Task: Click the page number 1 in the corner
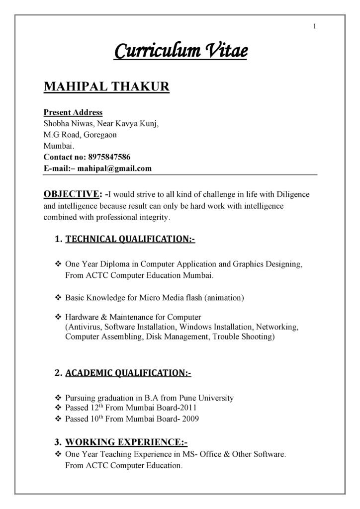click(315, 26)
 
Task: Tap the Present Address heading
click(73, 112)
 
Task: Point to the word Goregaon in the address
click(100, 135)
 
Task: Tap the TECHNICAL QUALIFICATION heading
click(130, 240)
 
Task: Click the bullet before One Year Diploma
click(57, 263)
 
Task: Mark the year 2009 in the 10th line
click(191, 419)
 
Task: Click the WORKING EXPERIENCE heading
click(126, 442)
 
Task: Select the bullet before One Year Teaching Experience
click(57, 455)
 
